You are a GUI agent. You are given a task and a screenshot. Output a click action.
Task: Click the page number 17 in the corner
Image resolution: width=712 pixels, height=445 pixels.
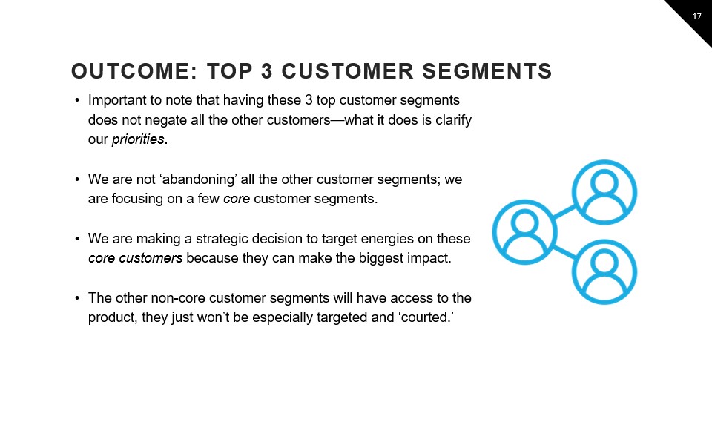click(696, 17)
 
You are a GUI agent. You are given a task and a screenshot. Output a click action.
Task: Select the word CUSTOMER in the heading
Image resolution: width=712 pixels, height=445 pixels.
click(347, 71)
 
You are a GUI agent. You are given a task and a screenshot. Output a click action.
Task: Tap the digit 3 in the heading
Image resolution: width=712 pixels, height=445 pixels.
click(266, 71)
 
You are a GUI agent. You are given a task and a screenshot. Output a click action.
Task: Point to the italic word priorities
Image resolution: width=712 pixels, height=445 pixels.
click(138, 139)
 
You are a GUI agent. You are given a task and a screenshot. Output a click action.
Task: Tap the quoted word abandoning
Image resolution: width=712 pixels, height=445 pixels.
click(199, 179)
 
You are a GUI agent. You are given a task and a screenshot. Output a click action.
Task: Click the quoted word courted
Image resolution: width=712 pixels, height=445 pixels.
click(427, 317)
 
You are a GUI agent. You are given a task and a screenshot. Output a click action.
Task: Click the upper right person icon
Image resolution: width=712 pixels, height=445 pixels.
click(604, 192)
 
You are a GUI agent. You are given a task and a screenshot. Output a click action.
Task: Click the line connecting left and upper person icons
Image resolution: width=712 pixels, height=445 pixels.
click(564, 212)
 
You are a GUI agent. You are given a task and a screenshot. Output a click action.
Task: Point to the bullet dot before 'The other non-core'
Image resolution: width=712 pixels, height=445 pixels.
click(77, 298)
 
